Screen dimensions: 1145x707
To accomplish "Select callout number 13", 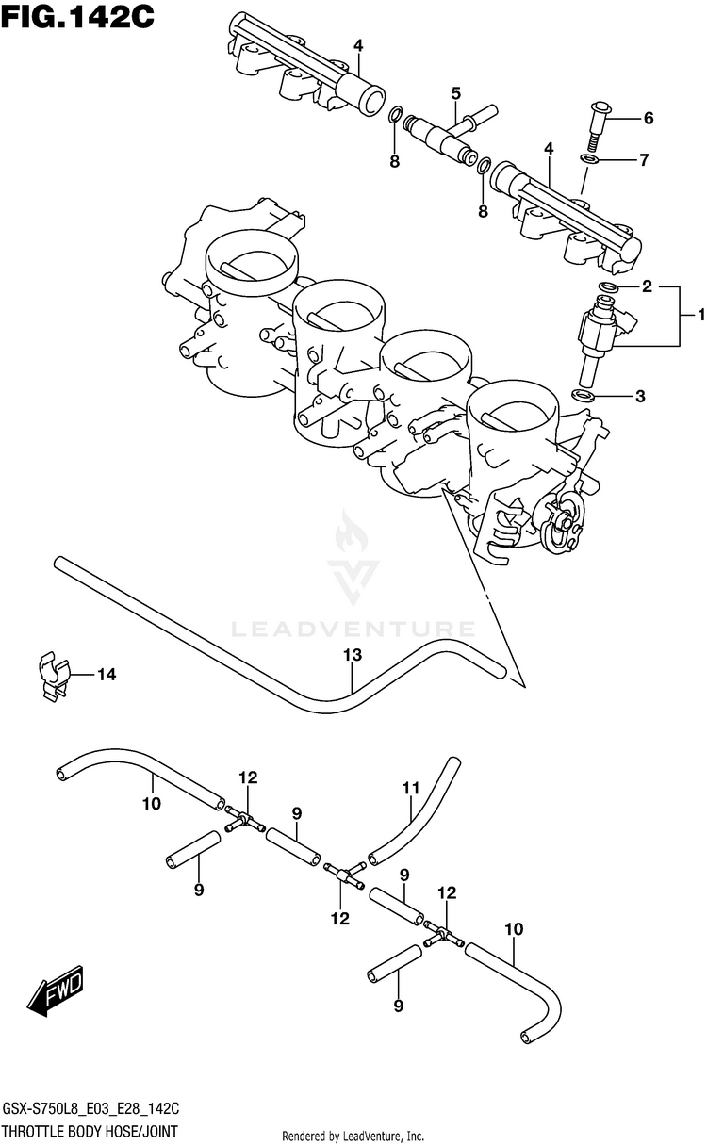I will (x=352, y=655).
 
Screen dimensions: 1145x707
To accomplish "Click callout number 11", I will (x=410, y=787).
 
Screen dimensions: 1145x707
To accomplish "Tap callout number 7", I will (x=644, y=160).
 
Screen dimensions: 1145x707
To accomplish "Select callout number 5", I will (x=455, y=92).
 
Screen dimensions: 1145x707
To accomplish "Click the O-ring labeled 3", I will (x=584, y=395).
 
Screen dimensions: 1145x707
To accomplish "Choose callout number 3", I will (x=640, y=397).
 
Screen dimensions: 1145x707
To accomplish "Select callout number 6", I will (x=649, y=119).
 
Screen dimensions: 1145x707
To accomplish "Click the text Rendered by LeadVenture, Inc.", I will (x=353, y=1136).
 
